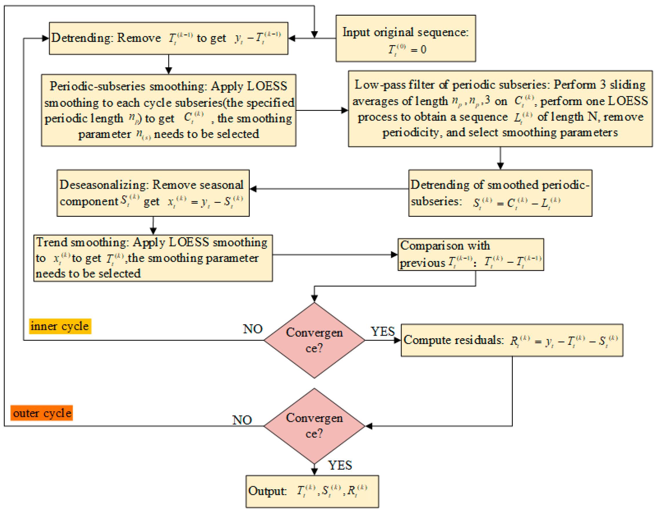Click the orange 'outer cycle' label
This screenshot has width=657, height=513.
tap(41, 413)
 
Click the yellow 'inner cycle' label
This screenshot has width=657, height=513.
tap(60, 326)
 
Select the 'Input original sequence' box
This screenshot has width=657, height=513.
tap(406, 38)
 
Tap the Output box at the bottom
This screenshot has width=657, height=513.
tap(312, 491)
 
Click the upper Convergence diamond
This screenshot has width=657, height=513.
tap(314, 340)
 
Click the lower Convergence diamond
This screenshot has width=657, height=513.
tap(314, 426)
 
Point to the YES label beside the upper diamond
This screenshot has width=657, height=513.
tap(382, 332)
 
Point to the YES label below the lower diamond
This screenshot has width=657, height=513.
tap(340, 465)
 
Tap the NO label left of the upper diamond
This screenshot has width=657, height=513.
tap(253, 329)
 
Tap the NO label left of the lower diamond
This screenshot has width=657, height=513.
tap(242, 420)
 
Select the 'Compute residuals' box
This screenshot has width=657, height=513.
tap(512, 340)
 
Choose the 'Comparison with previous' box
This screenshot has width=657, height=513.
tap(470, 255)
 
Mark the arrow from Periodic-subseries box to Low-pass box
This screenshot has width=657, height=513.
tap(322, 110)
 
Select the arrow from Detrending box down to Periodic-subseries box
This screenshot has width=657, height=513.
tap(169, 64)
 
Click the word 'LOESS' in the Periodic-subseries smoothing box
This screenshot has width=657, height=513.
tap(267, 86)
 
